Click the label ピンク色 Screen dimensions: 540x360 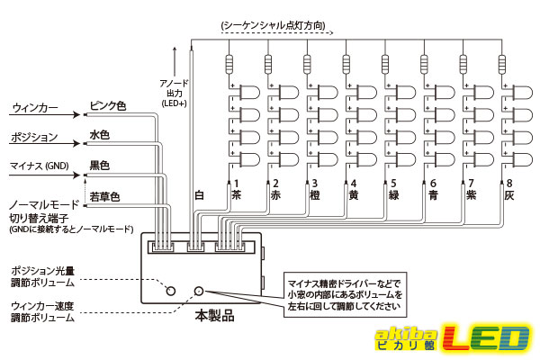point(108,106)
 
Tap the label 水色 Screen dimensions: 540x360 point(100,135)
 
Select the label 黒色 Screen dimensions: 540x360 point(100,166)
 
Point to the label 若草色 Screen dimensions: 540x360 point(104,197)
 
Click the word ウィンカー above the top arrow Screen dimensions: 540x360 point(35,108)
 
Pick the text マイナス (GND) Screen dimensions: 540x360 point(40,166)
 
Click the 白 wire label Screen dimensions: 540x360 point(200,195)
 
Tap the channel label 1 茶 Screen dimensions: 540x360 point(236,190)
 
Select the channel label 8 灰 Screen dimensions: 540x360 point(509,190)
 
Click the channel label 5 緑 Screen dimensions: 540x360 point(393,190)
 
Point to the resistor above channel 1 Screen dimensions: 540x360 point(229,65)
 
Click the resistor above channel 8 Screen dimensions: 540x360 point(502,65)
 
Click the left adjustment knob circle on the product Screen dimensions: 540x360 point(170,291)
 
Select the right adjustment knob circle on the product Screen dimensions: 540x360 point(199,291)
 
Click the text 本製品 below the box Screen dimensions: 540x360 point(214,315)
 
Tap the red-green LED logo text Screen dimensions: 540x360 point(486,337)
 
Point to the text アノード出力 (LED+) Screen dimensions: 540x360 point(175,93)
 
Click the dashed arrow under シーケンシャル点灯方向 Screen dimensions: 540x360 point(277,33)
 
